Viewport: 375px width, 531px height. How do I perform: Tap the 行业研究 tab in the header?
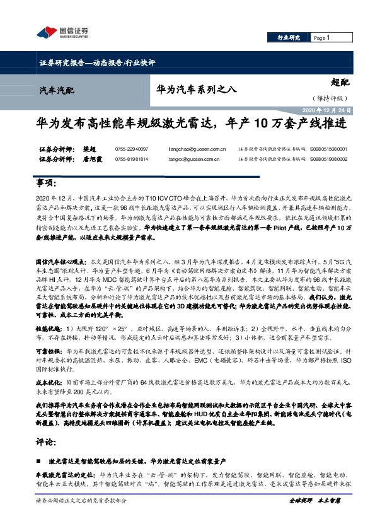pos(289,38)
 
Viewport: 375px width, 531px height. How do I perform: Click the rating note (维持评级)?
pos(329,98)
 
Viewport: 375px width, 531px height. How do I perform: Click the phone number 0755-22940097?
pos(130,149)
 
